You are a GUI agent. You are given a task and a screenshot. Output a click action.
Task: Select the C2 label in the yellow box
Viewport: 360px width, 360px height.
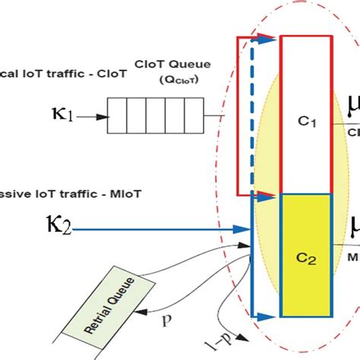click(x=306, y=257)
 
